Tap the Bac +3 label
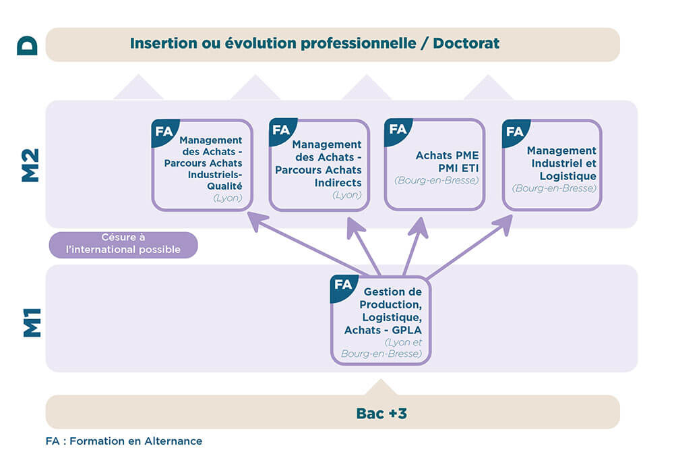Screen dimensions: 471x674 381,413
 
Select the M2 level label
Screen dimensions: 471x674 30,164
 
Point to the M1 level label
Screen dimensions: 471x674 32,323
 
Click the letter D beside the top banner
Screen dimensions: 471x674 27,45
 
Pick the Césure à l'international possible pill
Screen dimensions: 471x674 123,244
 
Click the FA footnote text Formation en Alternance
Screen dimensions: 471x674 123,441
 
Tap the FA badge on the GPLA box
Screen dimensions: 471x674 343,285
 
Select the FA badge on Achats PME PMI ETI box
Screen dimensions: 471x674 398,129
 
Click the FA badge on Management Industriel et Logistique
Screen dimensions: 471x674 515,131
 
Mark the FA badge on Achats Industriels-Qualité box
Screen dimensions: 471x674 164,131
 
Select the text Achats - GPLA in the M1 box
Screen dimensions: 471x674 382,330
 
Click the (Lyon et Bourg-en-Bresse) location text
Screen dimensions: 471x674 381,348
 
